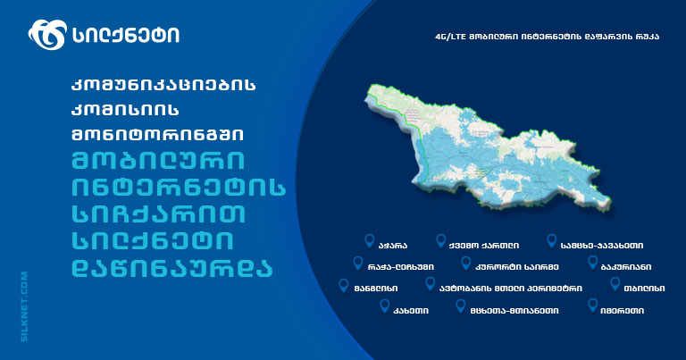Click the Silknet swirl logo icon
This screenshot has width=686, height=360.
(x=47, y=35)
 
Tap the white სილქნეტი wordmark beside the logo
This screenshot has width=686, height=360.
(x=126, y=35)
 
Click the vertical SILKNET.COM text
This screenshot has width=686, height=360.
(x=24, y=306)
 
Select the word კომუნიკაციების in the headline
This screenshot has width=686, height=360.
(x=163, y=85)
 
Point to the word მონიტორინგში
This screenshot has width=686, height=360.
(x=157, y=134)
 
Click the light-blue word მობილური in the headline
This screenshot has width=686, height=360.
(x=158, y=161)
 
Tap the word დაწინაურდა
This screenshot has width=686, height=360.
(x=171, y=268)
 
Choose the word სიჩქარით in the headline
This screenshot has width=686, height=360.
(x=158, y=214)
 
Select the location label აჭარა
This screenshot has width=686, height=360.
(x=392, y=246)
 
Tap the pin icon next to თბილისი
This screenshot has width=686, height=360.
(x=615, y=284)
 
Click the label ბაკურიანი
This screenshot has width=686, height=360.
(x=625, y=267)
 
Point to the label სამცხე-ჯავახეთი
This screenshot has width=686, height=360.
(x=601, y=246)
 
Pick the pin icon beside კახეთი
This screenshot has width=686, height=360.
(x=385, y=306)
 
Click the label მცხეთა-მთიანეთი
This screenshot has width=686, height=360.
(x=514, y=311)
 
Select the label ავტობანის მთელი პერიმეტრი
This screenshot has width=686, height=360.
(x=511, y=289)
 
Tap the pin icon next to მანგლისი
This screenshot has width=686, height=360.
(x=344, y=286)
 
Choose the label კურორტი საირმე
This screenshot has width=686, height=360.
(x=516, y=267)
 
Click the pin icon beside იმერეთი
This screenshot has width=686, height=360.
(x=593, y=306)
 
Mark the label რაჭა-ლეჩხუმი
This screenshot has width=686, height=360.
(x=401, y=267)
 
